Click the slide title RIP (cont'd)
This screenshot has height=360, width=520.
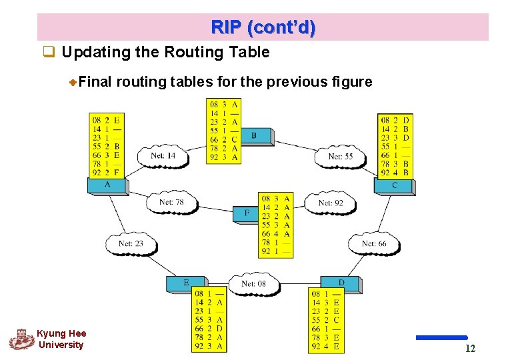(x=263, y=28)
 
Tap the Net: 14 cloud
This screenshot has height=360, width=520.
(x=163, y=155)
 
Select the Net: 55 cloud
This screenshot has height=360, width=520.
(x=340, y=156)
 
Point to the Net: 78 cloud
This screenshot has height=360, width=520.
(x=171, y=203)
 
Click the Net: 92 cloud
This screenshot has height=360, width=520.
(x=330, y=203)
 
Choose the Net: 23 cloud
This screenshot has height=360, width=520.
(x=131, y=243)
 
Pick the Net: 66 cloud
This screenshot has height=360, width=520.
(x=374, y=244)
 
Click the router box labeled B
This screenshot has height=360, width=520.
(x=254, y=136)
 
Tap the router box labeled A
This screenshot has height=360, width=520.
(x=108, y=185)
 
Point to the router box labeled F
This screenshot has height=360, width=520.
(x=247, y=213)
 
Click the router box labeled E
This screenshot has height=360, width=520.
(x=186, y=283)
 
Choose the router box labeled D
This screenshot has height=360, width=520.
(x=341, y=283)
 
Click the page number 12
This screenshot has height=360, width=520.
(x=470, y=349)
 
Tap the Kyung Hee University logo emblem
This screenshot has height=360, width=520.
(x=21, y=339)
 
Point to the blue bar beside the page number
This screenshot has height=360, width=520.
(x=441, y=338)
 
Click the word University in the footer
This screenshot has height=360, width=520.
(x=61, y=345)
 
